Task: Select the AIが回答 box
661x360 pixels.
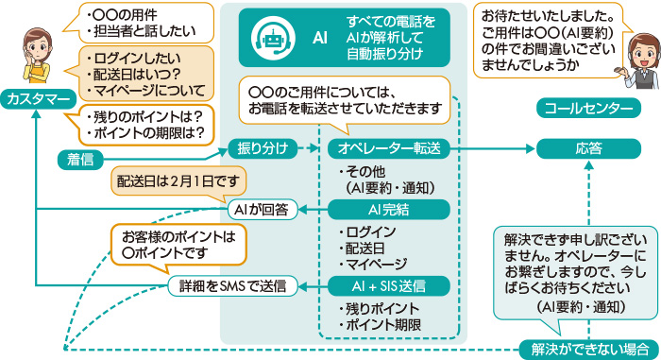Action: [x=263, y=208]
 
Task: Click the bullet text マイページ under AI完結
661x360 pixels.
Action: [x=375, y=264]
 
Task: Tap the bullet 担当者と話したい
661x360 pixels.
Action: [x=143, y=31]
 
